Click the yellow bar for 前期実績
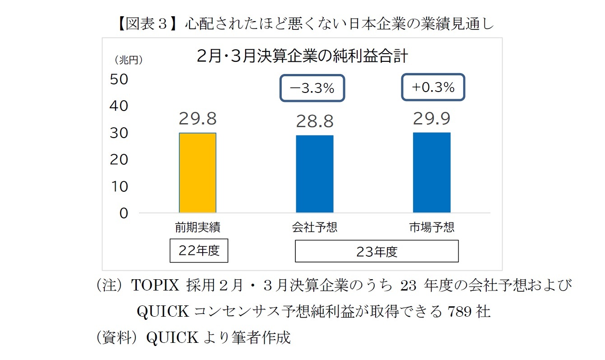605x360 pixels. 197,173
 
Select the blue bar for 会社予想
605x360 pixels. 315,174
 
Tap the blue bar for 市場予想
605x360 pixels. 432,172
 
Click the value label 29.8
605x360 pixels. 197,119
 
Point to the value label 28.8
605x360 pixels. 315,121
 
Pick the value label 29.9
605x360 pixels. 432,119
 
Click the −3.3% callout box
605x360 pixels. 312,88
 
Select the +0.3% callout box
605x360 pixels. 433,88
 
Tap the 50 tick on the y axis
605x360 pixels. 120,79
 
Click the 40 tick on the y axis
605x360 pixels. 120,106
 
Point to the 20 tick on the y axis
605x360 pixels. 120,160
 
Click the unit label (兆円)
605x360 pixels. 128,60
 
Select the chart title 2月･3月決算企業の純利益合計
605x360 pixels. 302,57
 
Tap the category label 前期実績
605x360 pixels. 197,227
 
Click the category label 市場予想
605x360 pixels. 432,227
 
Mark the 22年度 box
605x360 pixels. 199,251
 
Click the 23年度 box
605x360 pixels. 377,252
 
